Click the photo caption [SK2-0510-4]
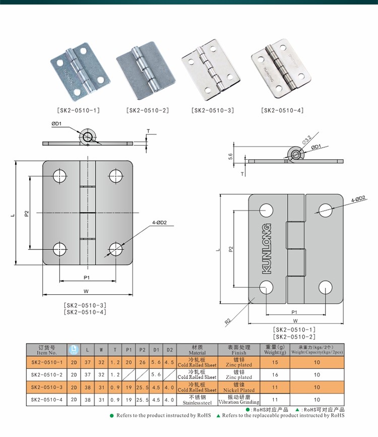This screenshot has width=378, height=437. click(283, 110)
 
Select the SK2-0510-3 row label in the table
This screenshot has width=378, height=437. click(47, 387)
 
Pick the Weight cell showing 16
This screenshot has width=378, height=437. click(275, 374)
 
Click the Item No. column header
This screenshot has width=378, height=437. click(47, 350)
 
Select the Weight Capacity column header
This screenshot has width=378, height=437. click(317, 350)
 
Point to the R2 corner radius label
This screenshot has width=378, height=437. click(228, 320)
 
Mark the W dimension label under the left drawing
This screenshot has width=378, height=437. click(87, 290)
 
